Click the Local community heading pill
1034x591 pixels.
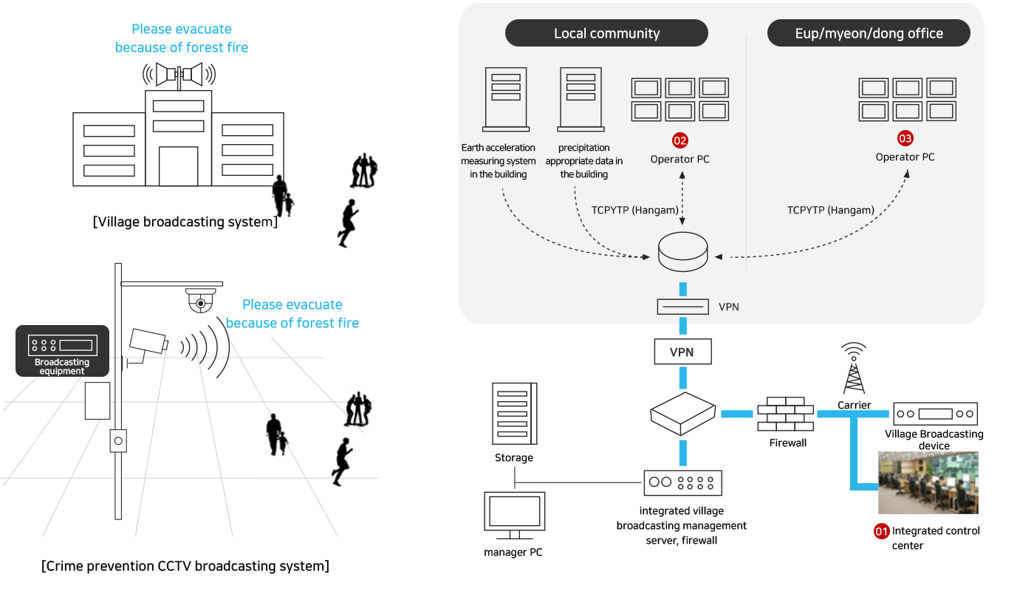click(x=606, y=33)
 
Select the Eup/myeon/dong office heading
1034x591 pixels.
click(x=869, y=33)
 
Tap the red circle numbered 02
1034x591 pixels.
click(x=679, y=140)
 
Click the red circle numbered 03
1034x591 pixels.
click(x=905, y=138)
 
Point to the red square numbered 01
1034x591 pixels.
click(x=881, y=531)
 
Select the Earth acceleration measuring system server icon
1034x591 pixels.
click(x=505, y=98)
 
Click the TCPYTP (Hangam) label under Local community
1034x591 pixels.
click(x=634, y=210)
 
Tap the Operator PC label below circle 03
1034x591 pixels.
click(x=905, y=157)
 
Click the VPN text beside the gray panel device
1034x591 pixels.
click(x=728, y=306)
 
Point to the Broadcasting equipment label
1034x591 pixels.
click(x=62, y=366)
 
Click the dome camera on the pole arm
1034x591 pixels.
click(x=199, y=300)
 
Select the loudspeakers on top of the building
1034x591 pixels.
click(x=179, y=75)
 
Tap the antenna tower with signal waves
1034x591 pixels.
click(x=854, y=368)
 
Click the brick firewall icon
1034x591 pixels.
click(x=785, y=414)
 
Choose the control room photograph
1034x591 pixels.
click(x=928, y=482)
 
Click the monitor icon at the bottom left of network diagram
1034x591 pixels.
click(x=514, y=515)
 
